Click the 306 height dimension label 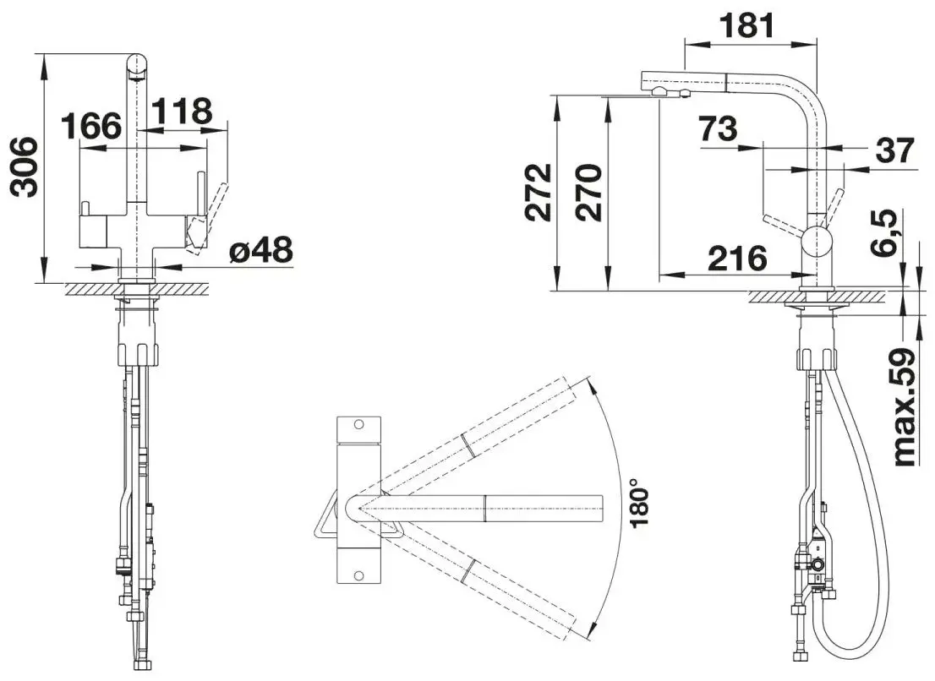point(25,166)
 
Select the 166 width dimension point(91,125)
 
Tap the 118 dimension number point(182,111)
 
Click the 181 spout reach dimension point(746,25)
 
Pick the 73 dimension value point(719,128)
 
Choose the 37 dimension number point(894,150)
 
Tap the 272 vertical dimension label point(538,193)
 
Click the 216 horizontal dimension point(738,258)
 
